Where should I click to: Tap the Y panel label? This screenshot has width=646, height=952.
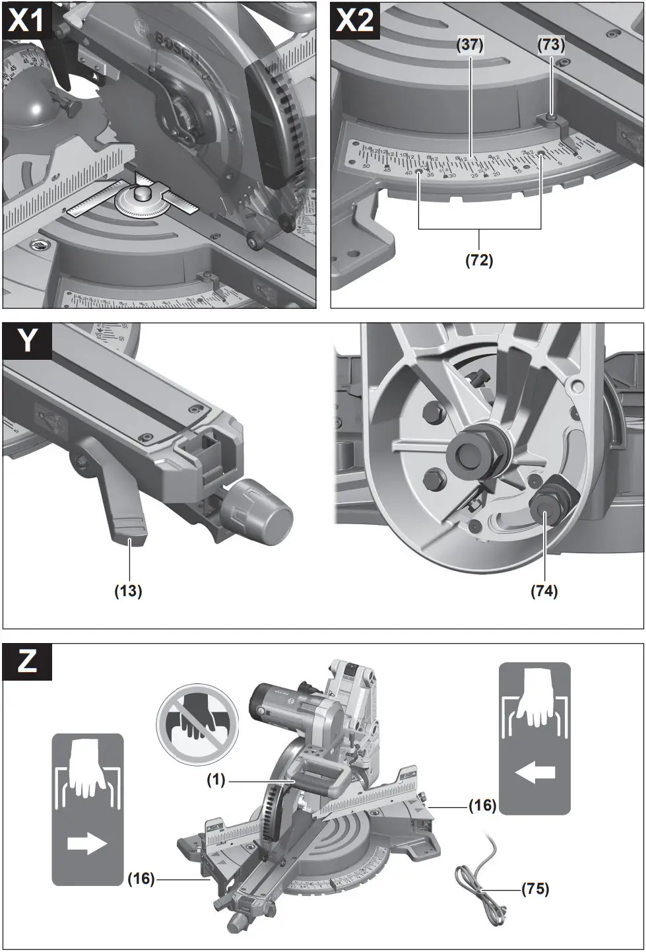coord(27,341)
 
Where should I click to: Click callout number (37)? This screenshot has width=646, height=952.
coord(470,45)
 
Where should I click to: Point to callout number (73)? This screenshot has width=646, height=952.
coord(551,45)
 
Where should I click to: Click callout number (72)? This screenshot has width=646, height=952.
coord(479,259)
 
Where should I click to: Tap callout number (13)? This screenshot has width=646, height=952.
coord(128,591)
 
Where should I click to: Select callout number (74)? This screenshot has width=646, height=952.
coord(544,591)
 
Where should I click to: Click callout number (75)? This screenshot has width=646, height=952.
coord(535,889)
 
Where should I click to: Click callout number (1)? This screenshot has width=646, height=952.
coord(216,780)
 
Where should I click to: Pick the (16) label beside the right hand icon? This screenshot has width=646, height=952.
coord(482,805)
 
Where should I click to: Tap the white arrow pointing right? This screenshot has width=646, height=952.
coord(87,843)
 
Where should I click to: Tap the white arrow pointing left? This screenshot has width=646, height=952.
coord(535,772)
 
